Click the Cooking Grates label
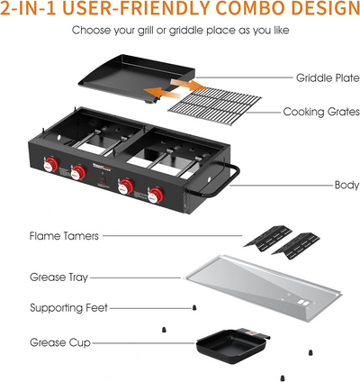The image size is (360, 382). [319, 113]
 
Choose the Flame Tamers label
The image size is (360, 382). [63, 237]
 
